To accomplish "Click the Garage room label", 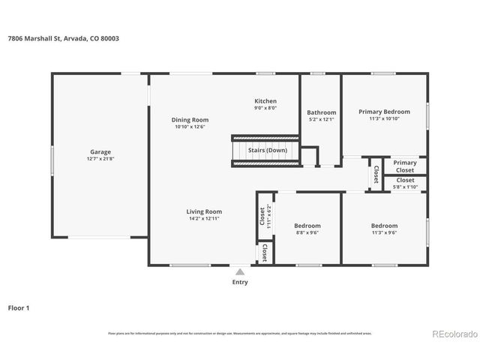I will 100,151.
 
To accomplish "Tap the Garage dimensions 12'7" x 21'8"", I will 100,159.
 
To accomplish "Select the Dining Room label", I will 190,120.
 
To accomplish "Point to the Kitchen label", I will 265,100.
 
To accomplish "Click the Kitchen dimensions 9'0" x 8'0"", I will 265,108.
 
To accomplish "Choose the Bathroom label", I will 321,112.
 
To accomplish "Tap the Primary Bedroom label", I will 384,111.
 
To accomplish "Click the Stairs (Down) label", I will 268,150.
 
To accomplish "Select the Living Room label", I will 204,211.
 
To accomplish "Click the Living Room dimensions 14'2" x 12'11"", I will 204,219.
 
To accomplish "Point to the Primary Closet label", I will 405,166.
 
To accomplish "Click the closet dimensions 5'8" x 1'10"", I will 405,187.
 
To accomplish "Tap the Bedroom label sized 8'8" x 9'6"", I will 307,226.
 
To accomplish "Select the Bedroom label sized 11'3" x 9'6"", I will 384,226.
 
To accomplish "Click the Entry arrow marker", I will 239,271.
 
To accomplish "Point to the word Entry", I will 239,282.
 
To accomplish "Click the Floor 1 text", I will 19,307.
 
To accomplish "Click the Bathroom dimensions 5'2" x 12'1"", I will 321,120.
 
